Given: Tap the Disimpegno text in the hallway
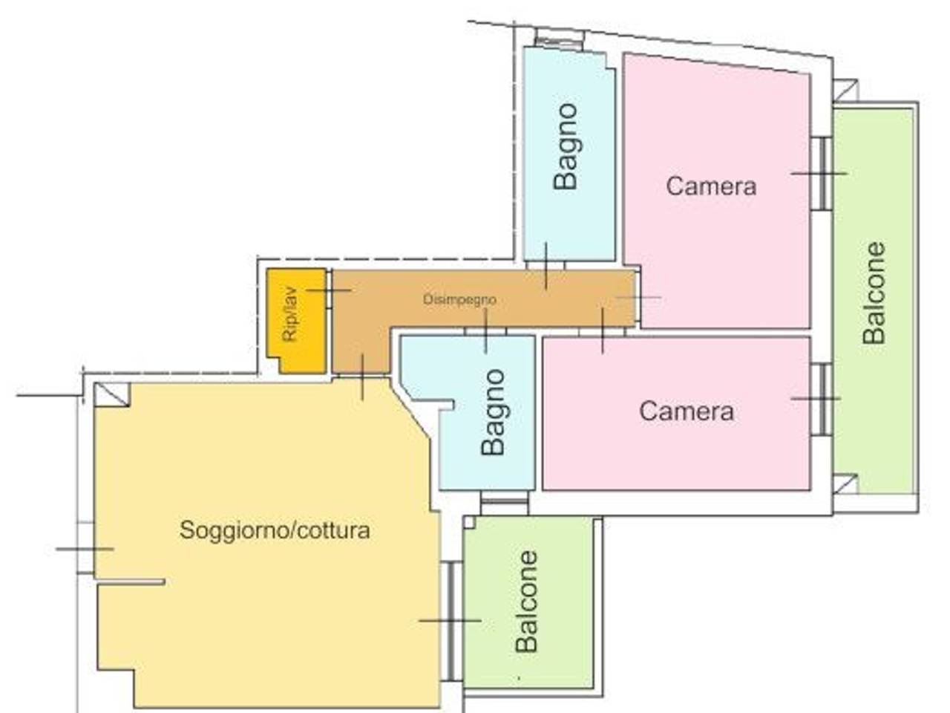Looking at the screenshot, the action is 459,299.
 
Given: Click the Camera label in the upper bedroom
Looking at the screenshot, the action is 711,186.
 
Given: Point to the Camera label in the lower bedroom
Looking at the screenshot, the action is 687,411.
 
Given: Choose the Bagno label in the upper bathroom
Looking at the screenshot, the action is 566,147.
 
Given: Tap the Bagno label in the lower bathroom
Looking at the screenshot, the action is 493,412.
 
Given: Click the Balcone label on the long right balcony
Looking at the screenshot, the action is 874,293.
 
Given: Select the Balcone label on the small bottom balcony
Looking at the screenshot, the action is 527,602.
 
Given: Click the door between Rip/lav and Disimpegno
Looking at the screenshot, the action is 329,289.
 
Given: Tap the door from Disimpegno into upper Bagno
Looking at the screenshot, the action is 546,265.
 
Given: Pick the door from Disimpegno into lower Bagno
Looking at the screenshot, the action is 485,332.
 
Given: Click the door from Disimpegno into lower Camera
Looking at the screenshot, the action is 603,332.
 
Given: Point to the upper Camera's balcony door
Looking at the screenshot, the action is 822,174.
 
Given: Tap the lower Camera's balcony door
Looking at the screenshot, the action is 822,399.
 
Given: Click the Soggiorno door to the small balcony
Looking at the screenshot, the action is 452,620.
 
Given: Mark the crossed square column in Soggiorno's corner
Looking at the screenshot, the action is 112,394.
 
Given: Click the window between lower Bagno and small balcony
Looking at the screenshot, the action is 504,502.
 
